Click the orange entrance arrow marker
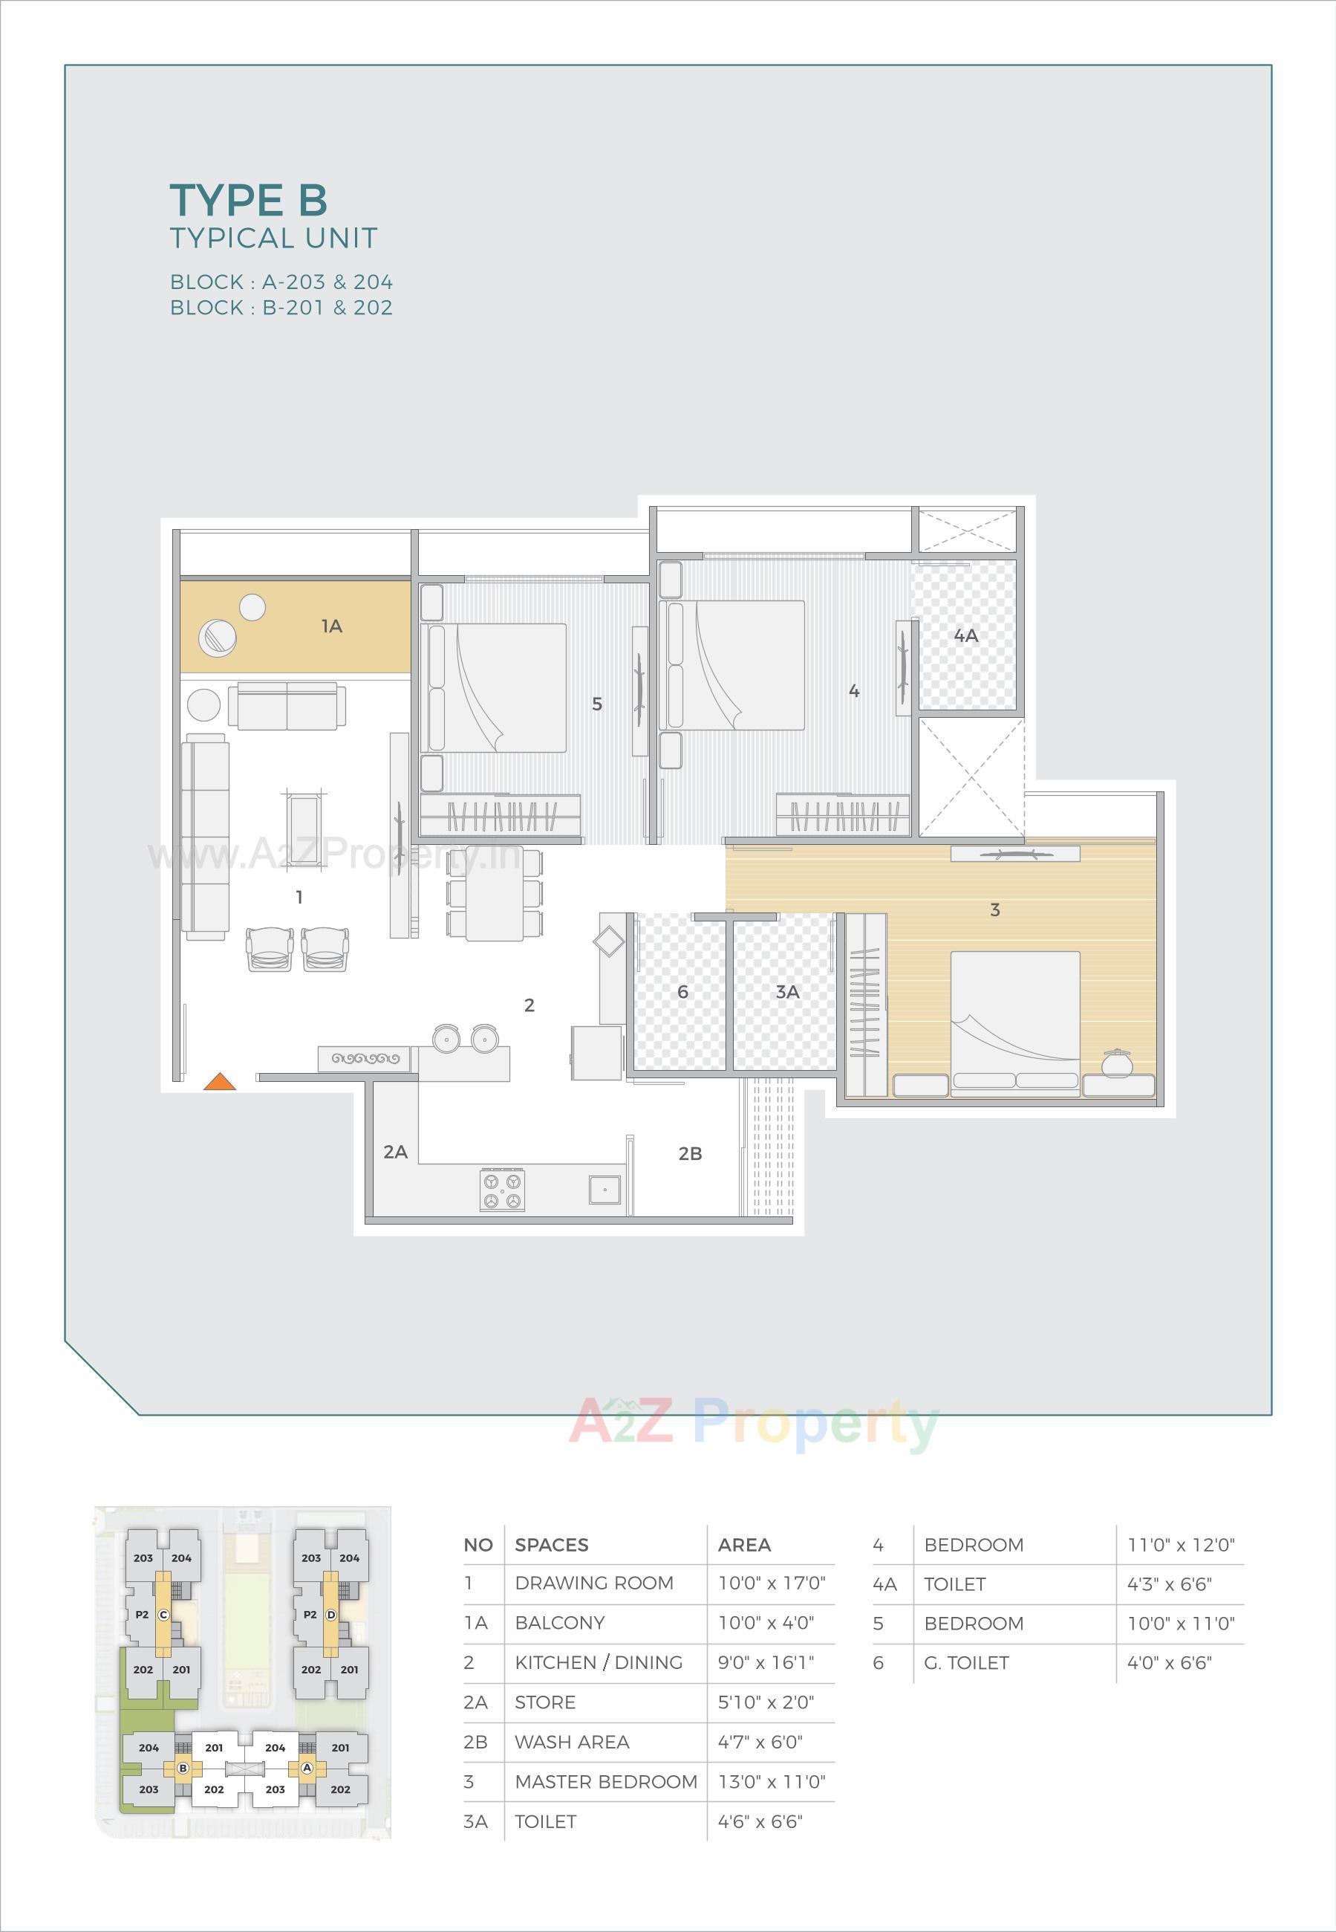point(219,1081)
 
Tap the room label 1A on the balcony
point(331,626)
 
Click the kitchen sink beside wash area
point(604,1188)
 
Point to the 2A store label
point(395,1153)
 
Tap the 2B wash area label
point(690,1154)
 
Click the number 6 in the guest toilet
point(682,991)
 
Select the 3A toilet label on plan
point(787,991)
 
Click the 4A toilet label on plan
point(966,635)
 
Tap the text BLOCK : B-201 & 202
point(281,308)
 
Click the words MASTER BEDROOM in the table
point(605,1781)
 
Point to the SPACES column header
point(551,1545)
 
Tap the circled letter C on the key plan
point(163,1615)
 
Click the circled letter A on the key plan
point(307,1768)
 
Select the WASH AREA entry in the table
point(572,1742)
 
